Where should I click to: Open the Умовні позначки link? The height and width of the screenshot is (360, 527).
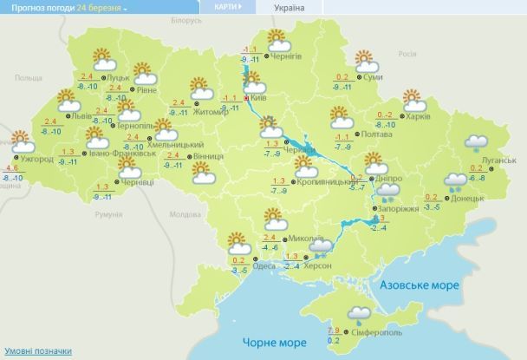36,350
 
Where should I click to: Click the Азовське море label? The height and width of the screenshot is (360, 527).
412,285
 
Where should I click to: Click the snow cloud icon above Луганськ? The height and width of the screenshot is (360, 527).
474,144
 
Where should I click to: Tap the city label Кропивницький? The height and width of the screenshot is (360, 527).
322,181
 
